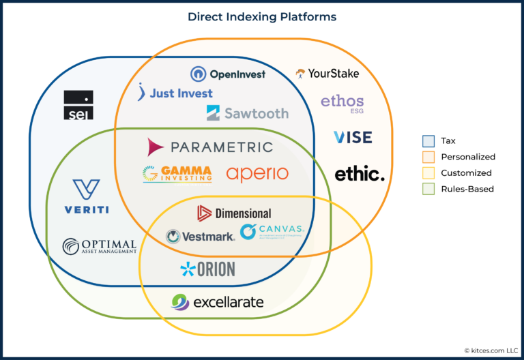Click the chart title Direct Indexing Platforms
coord(262,16)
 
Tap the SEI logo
coord(78,106)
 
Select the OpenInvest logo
coord(228,74)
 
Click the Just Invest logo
coord(175,92)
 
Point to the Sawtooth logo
coord(248,113)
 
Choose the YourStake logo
coord(327,73)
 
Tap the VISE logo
coord(353,137)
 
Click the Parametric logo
coord(210,147)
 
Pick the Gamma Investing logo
coord(177,173)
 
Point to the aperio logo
coord(257,174)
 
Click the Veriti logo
coord(87,196)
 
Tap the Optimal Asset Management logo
coord(99,246)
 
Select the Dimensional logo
coord(234,213)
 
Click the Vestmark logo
coord(201,237)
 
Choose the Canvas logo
coord(272,232)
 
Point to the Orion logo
coord(207,269)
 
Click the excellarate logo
coord(217,301)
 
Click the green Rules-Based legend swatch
coord(428,189)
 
